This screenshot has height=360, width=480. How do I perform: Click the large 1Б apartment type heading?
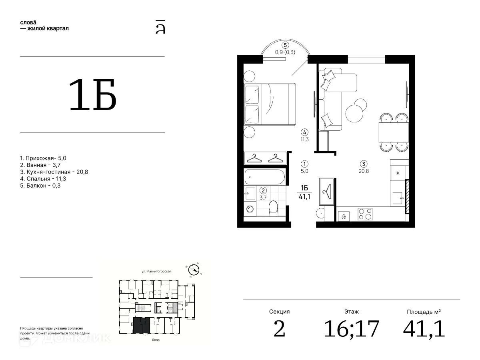[93, 94]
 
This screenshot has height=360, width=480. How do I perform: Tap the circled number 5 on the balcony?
[285, 45]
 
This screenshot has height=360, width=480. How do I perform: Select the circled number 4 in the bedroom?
[304, 132]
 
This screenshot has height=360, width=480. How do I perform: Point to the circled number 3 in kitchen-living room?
[364, 164]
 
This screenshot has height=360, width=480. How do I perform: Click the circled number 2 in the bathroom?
[263, 190]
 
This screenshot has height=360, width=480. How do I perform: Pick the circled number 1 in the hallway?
[304, 164]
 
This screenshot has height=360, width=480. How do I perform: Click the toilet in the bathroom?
[273, 208]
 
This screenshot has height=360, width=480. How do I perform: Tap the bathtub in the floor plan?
[265, 177]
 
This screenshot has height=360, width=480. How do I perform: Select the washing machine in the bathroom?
[250, 209]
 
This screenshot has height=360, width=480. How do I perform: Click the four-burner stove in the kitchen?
[365, 214]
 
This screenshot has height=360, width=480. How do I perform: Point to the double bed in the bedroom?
[270, 104]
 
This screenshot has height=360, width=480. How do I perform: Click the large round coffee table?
[354, 114]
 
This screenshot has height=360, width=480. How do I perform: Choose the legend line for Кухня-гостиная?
[54, 172]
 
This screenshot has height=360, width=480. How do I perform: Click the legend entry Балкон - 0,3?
[40, 186]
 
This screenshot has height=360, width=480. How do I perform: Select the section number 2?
[279, 329]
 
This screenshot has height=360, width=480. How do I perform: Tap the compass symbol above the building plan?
[194, 270]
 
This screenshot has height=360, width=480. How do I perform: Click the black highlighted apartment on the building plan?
[142, 326]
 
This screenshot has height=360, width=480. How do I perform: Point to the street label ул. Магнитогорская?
[156, 271]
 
